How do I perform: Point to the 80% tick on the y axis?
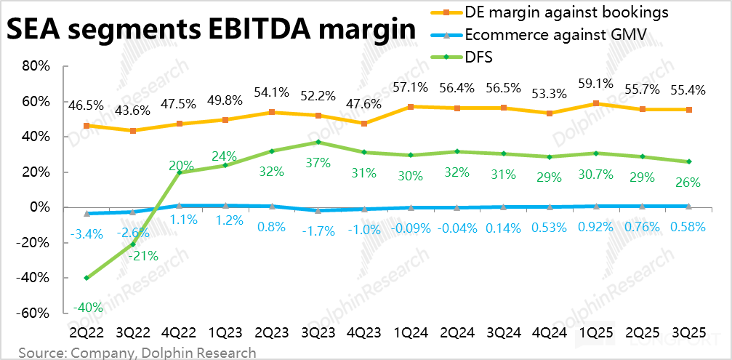pos(35,66)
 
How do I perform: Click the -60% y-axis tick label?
pos(33,313)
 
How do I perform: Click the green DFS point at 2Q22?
pos(87,278)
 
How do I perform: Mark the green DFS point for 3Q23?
pos(318,142)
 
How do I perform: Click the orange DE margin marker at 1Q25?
pos(596,103)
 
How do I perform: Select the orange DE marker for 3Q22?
pos(133,131)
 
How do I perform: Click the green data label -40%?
pos(87,307)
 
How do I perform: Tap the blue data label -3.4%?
pos(86,234)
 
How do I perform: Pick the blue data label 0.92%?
pos(595,226)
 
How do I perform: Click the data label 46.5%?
pos(87,106)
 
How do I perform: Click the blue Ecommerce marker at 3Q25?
pos(688,207)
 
